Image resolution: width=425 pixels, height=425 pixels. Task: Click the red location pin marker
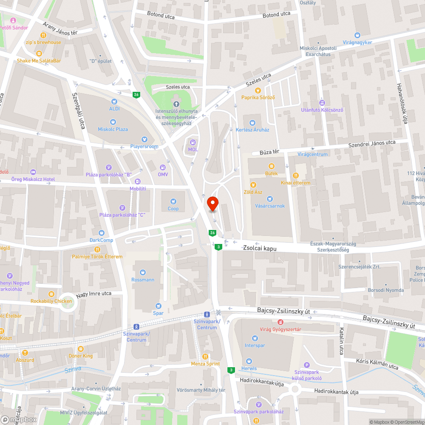pos(212,204)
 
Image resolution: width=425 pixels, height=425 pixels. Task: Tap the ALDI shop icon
pos(114,102)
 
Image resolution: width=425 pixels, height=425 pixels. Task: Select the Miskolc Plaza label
pos(113,129)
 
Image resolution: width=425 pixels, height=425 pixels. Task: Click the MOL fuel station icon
pos(193,142)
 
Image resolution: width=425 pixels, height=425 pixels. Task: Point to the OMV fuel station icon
pos(162,167)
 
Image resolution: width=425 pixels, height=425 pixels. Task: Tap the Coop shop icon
pos(173,201)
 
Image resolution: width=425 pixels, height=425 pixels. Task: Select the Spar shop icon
pos(158,306)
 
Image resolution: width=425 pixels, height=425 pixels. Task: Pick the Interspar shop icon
pos(255,338)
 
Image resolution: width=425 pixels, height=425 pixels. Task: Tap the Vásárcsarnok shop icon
pos(270,198)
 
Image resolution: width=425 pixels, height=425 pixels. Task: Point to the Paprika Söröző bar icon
pos(258,91)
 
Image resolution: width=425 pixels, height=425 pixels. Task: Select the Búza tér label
pos(269,151)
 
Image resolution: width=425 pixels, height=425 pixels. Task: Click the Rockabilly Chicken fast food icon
pos(51,294)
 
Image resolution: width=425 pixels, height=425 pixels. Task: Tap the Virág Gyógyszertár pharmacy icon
pos(280,323)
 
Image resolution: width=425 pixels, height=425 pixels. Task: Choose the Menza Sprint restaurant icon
pos(205,357)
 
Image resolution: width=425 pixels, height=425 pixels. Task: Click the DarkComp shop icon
pos(101,233)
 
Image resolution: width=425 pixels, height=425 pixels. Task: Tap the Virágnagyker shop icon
pos(357,35)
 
